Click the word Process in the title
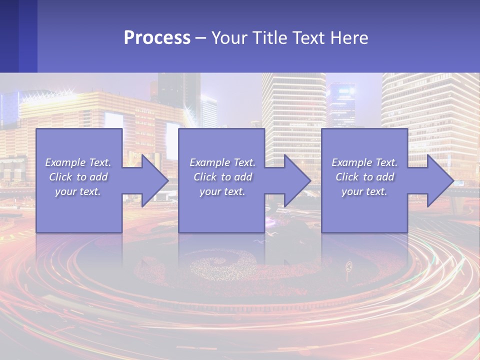coord(157,38)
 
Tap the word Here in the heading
coord(349,38)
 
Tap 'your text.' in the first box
coord(78,191)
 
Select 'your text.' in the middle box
coord(222,191)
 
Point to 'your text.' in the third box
coord(364,191)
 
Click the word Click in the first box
coord(60,177)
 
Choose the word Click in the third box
coord(347,177)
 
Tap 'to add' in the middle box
coord(236,177)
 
